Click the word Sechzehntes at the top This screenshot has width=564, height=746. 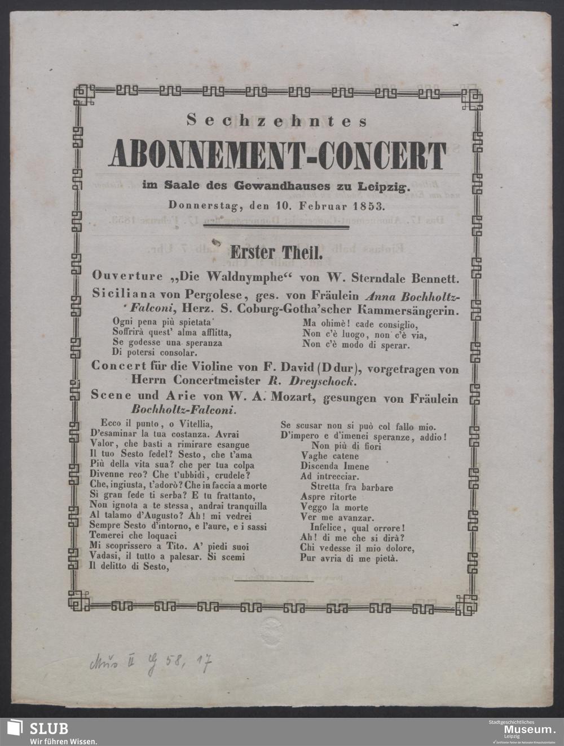(x=277, y=121)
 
